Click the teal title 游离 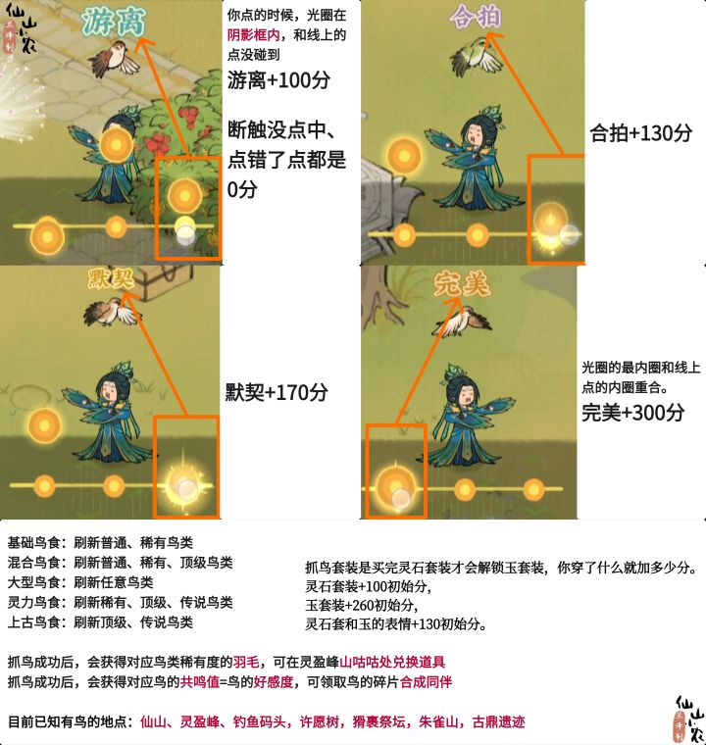point(113,22)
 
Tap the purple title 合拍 point(476,17)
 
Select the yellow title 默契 point(112,278)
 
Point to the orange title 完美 point(462,284)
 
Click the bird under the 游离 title point(114,59)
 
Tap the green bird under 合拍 point(476,56)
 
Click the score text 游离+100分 point(278,79)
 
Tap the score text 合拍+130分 point(640,132)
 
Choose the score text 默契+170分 point(277,392)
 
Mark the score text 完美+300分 point(632,413)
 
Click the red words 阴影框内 point(253,35)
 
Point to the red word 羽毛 point(246,662)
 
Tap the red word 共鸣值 point(200,682)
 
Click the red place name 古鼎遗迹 point(498,721)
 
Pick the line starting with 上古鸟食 point(100,621)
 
